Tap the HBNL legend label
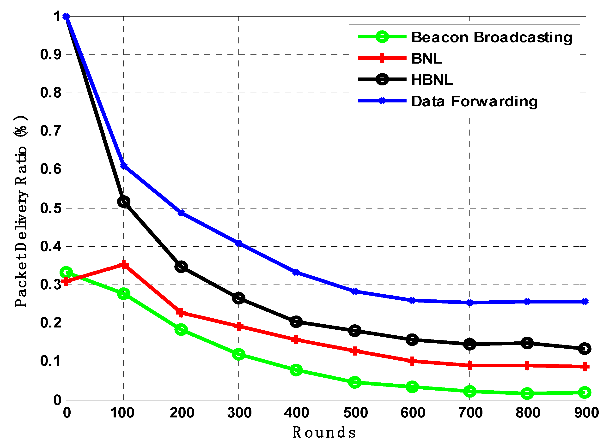pyautogui.click(x=432, y=80)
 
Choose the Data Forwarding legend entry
pyautogui.click(x=474, y=101)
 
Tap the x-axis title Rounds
pyautogui.click(x=324, y=432)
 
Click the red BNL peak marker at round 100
pyautogui.click(x=124, y=265)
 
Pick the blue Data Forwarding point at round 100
pyautogui.click(x=124, y=165)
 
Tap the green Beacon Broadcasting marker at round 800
pyautogui.click(x=527, y=393)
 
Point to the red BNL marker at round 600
pyautogui.click(x=412, y=361)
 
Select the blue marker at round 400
pyautogui.click(x=296, y=272)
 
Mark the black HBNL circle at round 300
pyautogui.click(x=238, y=298)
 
